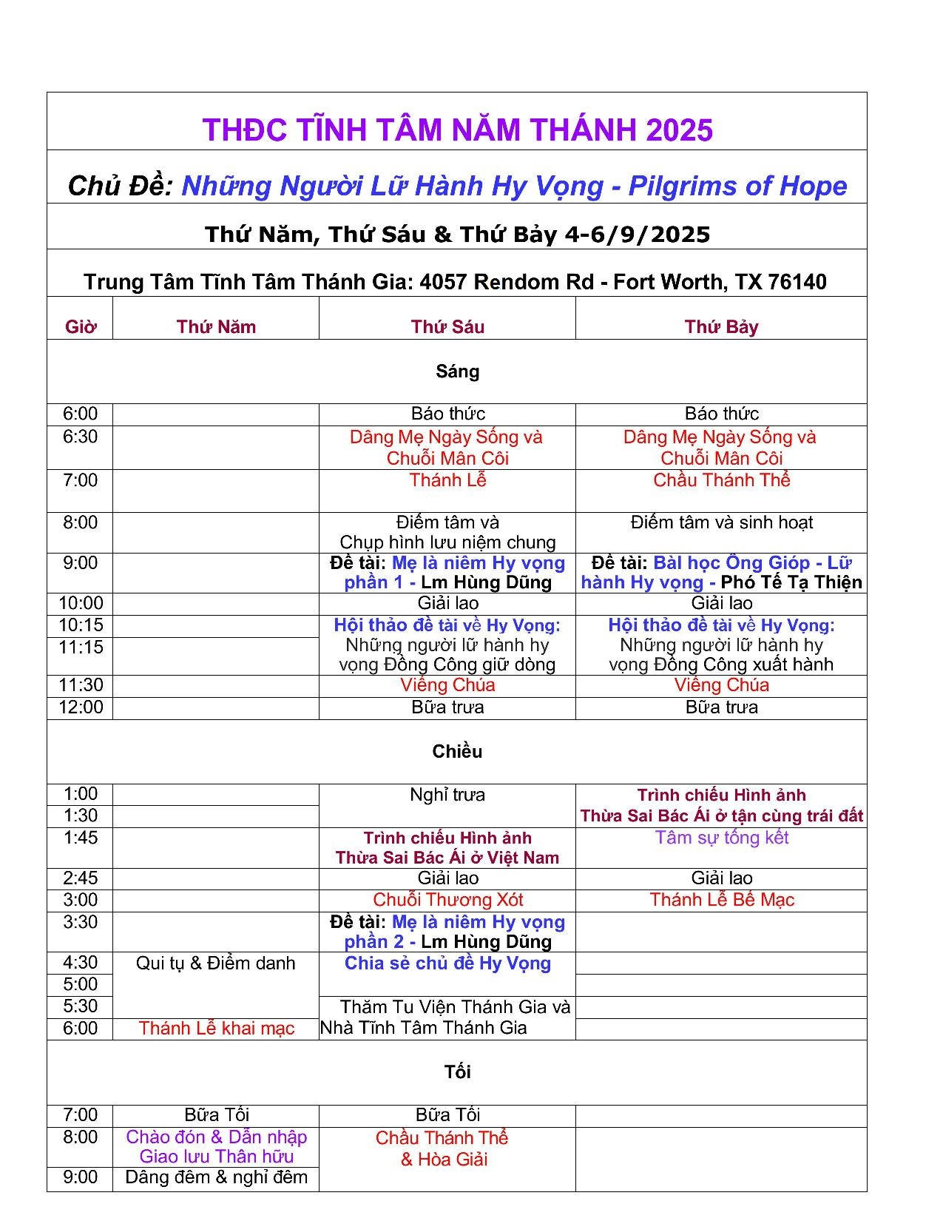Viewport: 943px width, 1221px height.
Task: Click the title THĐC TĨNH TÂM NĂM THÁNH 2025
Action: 457,130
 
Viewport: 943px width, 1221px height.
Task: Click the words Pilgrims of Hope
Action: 737,186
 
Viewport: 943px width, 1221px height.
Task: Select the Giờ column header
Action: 80,327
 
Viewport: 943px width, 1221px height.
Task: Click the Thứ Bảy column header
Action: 721,327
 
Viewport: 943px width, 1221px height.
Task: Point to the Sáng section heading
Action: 457,371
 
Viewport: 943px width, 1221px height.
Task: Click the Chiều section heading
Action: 457,752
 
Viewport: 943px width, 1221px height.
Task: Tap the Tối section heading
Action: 457,1072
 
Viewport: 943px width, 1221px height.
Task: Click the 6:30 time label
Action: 80,437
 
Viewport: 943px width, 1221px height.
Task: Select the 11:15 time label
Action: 80,647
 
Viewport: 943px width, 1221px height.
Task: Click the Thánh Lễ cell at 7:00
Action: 447,480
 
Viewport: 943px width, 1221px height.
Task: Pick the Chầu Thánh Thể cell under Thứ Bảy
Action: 721,480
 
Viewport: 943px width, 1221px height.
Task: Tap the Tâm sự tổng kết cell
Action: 721,838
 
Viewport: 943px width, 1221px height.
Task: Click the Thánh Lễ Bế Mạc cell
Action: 721,900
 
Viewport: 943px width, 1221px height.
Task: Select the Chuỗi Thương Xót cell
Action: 447,900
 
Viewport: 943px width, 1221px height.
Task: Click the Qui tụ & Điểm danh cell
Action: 215,963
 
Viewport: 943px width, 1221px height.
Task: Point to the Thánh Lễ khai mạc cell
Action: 216,1029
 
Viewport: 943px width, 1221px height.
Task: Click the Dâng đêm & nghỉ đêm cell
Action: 216,1177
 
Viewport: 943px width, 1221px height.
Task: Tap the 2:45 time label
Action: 80,878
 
